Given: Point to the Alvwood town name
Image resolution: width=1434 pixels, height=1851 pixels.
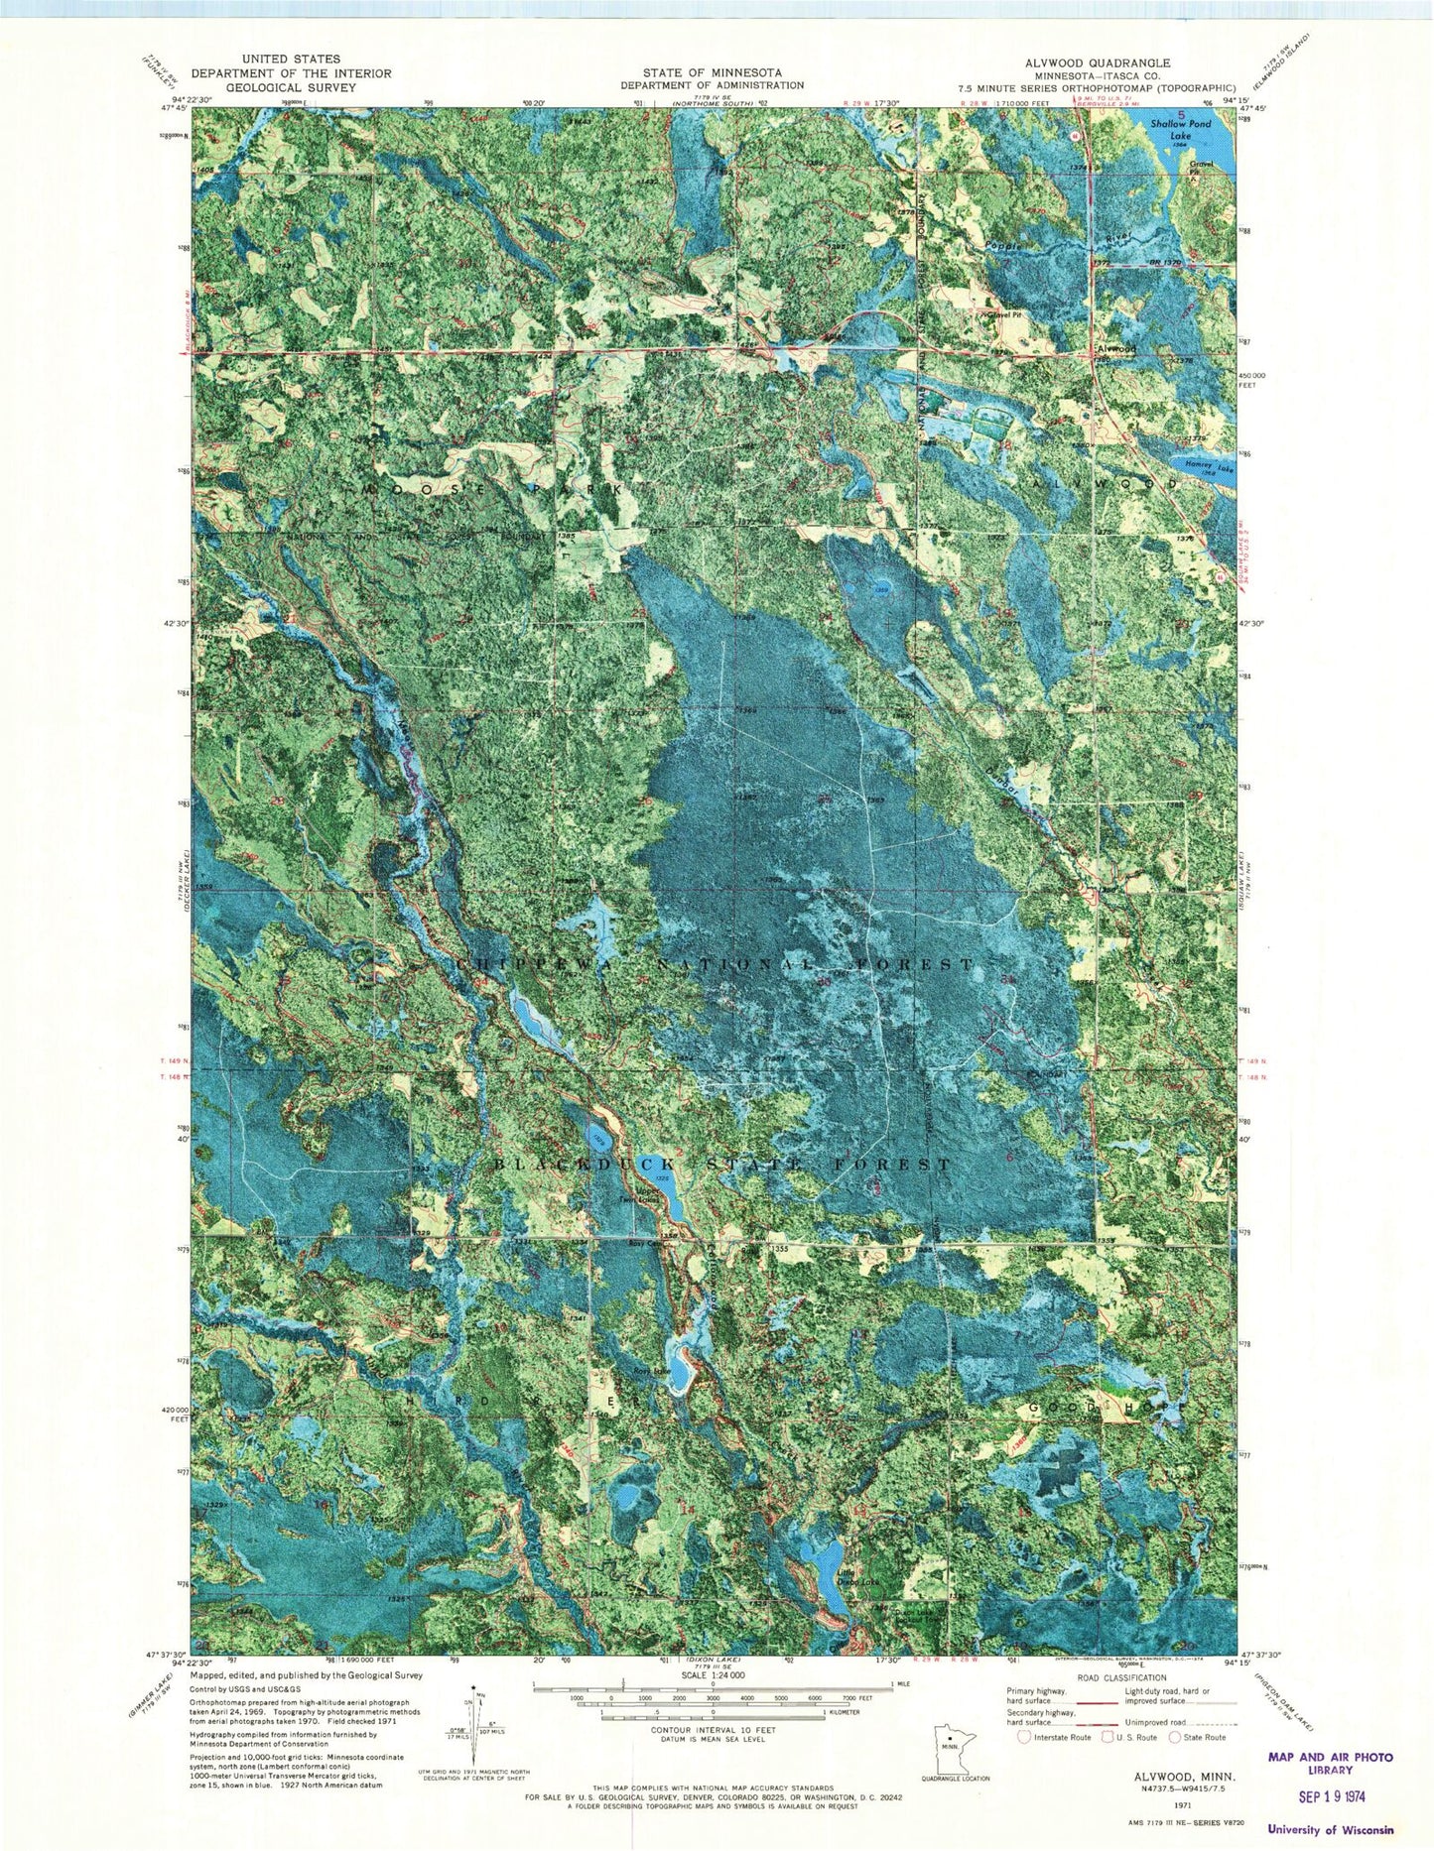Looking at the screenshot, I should point(1113,349).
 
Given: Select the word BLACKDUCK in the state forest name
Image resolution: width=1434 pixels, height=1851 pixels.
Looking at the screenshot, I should point(586,1164).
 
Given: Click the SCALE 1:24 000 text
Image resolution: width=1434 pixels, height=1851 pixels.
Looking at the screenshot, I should point(712,1683).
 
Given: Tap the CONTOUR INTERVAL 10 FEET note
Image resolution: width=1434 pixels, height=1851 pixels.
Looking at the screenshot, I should point(712,1753).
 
